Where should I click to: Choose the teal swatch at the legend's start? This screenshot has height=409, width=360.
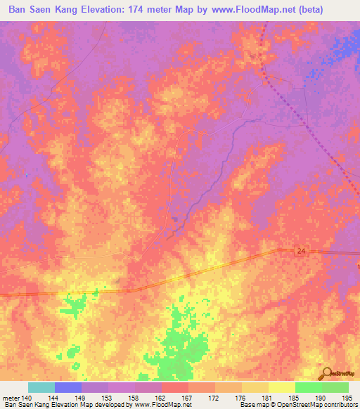click(x=41, y=387)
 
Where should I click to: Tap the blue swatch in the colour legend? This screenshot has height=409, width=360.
click(x=67, y=387)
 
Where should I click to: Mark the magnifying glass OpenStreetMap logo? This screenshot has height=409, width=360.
click(x=326, y=372)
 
